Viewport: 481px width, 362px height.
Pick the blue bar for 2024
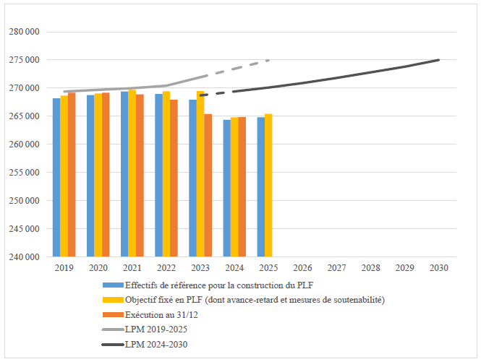pyautogui.click(x=226, y=188)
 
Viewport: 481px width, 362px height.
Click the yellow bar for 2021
pyautogui.click(x=132, y=173)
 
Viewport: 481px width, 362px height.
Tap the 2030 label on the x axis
pyautogui.click(x=439, y=268)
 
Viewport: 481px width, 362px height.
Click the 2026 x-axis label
pyautogui.click(x=302, y=268)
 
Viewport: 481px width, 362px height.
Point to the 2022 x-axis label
pyautogui.click(x=166, y=268)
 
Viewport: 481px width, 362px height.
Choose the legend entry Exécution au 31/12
pyautogui.click(x=160, y=315)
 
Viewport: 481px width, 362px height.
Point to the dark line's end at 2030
pyautogui.click(x=438, y=60)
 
